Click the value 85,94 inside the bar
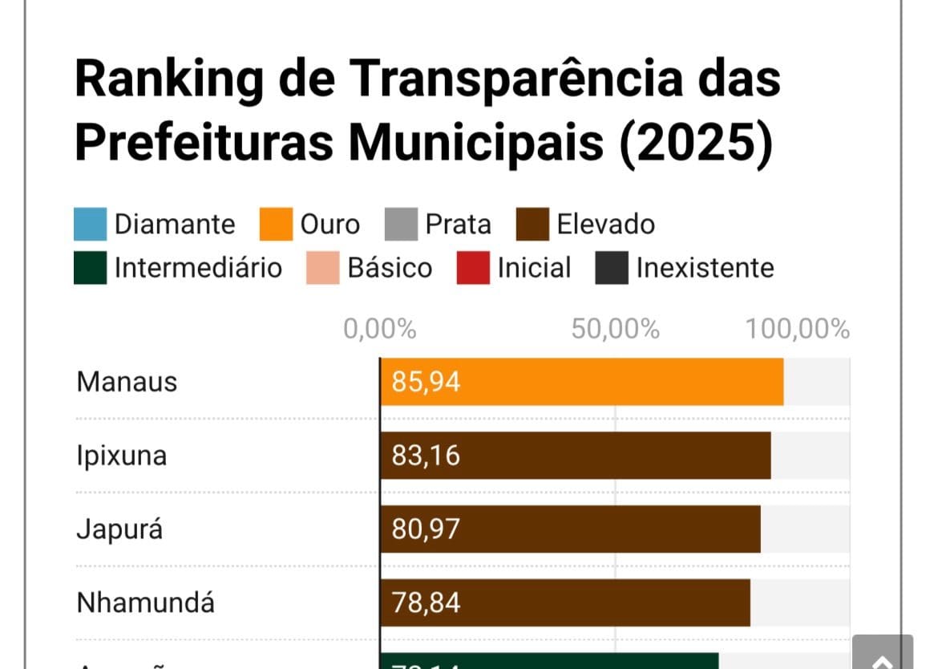(x=426, y=382)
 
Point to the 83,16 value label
(x=426, y=456)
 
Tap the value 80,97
(x=426, y=529)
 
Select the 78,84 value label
(x=426, y=602)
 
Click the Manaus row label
(x=127, y=382)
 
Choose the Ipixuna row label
(x=122, y=456)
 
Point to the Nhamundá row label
(x=145, y=602)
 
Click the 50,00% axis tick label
(x=615, y=329)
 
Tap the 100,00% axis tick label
(x=797, y=329)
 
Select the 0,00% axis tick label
(x=380, y=329)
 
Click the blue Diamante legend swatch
(x=90, y=225)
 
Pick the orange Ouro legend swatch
(x=276, y=225)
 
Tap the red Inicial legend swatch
(x=473, y=268)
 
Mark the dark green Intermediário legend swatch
(x=90, y=268)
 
